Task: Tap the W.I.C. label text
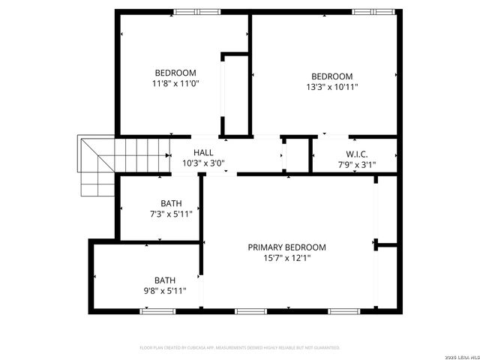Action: click(x=356, y=152)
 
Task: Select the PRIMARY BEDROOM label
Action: click(x=287, y=247)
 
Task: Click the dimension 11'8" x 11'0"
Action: click(x=175, y=84)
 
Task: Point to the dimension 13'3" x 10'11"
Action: click(x=332, y=87)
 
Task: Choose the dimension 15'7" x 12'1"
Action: click(x=287, y=258)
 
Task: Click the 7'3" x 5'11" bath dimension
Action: click(x=171, y=214)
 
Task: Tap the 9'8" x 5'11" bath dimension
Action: click(x=165, y=291)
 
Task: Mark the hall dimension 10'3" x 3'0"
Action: click(x=203, y=163)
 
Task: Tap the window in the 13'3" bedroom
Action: click(x=373, y=11)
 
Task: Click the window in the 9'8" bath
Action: click(x=153, y=310)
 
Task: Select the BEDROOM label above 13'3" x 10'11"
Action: click(x=332, y=76)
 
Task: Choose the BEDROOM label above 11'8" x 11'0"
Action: click(x=175, y=73)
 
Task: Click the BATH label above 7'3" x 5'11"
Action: click(x=171, y=203)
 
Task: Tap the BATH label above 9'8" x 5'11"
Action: click(x=165, y=280)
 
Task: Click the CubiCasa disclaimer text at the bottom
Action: click(x=240, y=347)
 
